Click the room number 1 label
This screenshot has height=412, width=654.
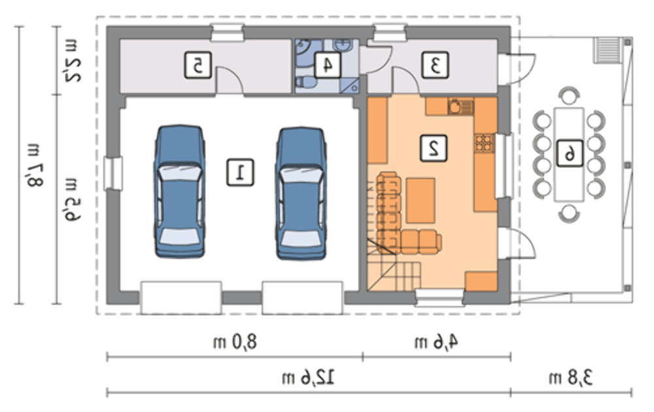[x=240, y=172]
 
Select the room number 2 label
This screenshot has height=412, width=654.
[x=434, y=148]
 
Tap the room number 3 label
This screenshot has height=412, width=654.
[x=435, y=65]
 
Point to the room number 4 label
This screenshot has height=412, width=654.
[x=327, y=65]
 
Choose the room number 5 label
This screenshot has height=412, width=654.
[x=198, y=65]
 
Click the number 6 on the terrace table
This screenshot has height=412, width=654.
[x=570, y=154]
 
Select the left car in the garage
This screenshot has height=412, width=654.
[x=180, y=191]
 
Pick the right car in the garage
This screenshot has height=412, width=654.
[x=301, y=193]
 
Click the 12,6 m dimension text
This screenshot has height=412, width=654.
[x=309, y=378]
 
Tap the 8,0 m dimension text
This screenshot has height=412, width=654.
[x=235, y=342]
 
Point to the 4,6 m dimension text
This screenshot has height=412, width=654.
[x=436, y=342]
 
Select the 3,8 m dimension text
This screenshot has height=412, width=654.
[x=570, y=378]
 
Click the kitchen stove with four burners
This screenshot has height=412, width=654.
[x=484, y=143]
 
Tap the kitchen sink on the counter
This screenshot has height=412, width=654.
[x=460, y=107]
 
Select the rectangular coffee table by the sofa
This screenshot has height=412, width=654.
[x=421, y=201]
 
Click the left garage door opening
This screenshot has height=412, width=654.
[x=181, y=298]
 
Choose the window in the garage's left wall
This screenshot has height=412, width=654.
[x=112, y=173]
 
